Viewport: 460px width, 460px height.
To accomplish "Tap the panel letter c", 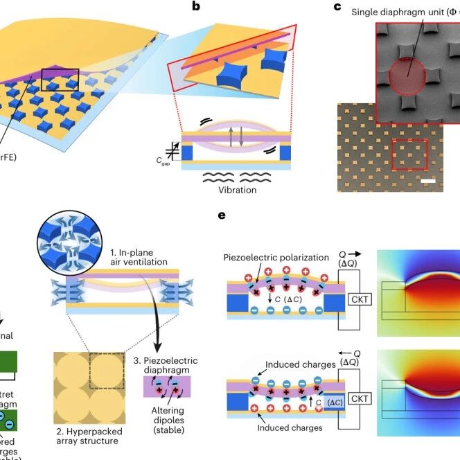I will point(338,8).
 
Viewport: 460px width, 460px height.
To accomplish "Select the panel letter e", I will point(222,215).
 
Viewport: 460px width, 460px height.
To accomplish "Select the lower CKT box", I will point(357,398).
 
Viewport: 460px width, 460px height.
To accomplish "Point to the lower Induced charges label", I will point(290,428).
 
